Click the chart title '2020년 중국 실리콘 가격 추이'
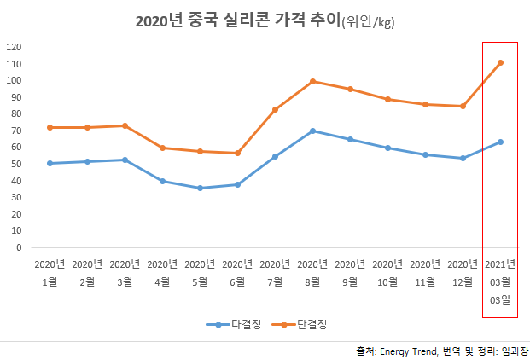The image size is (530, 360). pos(237,21)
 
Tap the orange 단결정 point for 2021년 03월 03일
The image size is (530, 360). pos(500,62)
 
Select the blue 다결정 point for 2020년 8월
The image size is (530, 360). pos(312,131)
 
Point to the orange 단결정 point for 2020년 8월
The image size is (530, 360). pos(312,81)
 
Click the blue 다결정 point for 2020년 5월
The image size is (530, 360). pos(200,188)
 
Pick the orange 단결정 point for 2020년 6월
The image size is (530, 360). pos(237,153)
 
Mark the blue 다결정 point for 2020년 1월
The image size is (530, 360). pos(50,163)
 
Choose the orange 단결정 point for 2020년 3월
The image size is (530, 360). pos(125,125)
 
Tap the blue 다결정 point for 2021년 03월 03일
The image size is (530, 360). pos(500,142)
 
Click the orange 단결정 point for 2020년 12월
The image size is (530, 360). pos(463,106)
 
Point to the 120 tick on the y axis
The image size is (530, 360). pos(15,47)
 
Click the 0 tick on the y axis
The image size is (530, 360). pos(20,247)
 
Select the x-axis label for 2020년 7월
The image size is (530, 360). pos(275,271)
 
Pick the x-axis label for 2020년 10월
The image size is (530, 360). pos(387,271)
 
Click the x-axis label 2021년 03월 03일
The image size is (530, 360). pos(500,281)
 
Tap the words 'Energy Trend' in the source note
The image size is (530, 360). pos(406,351)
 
